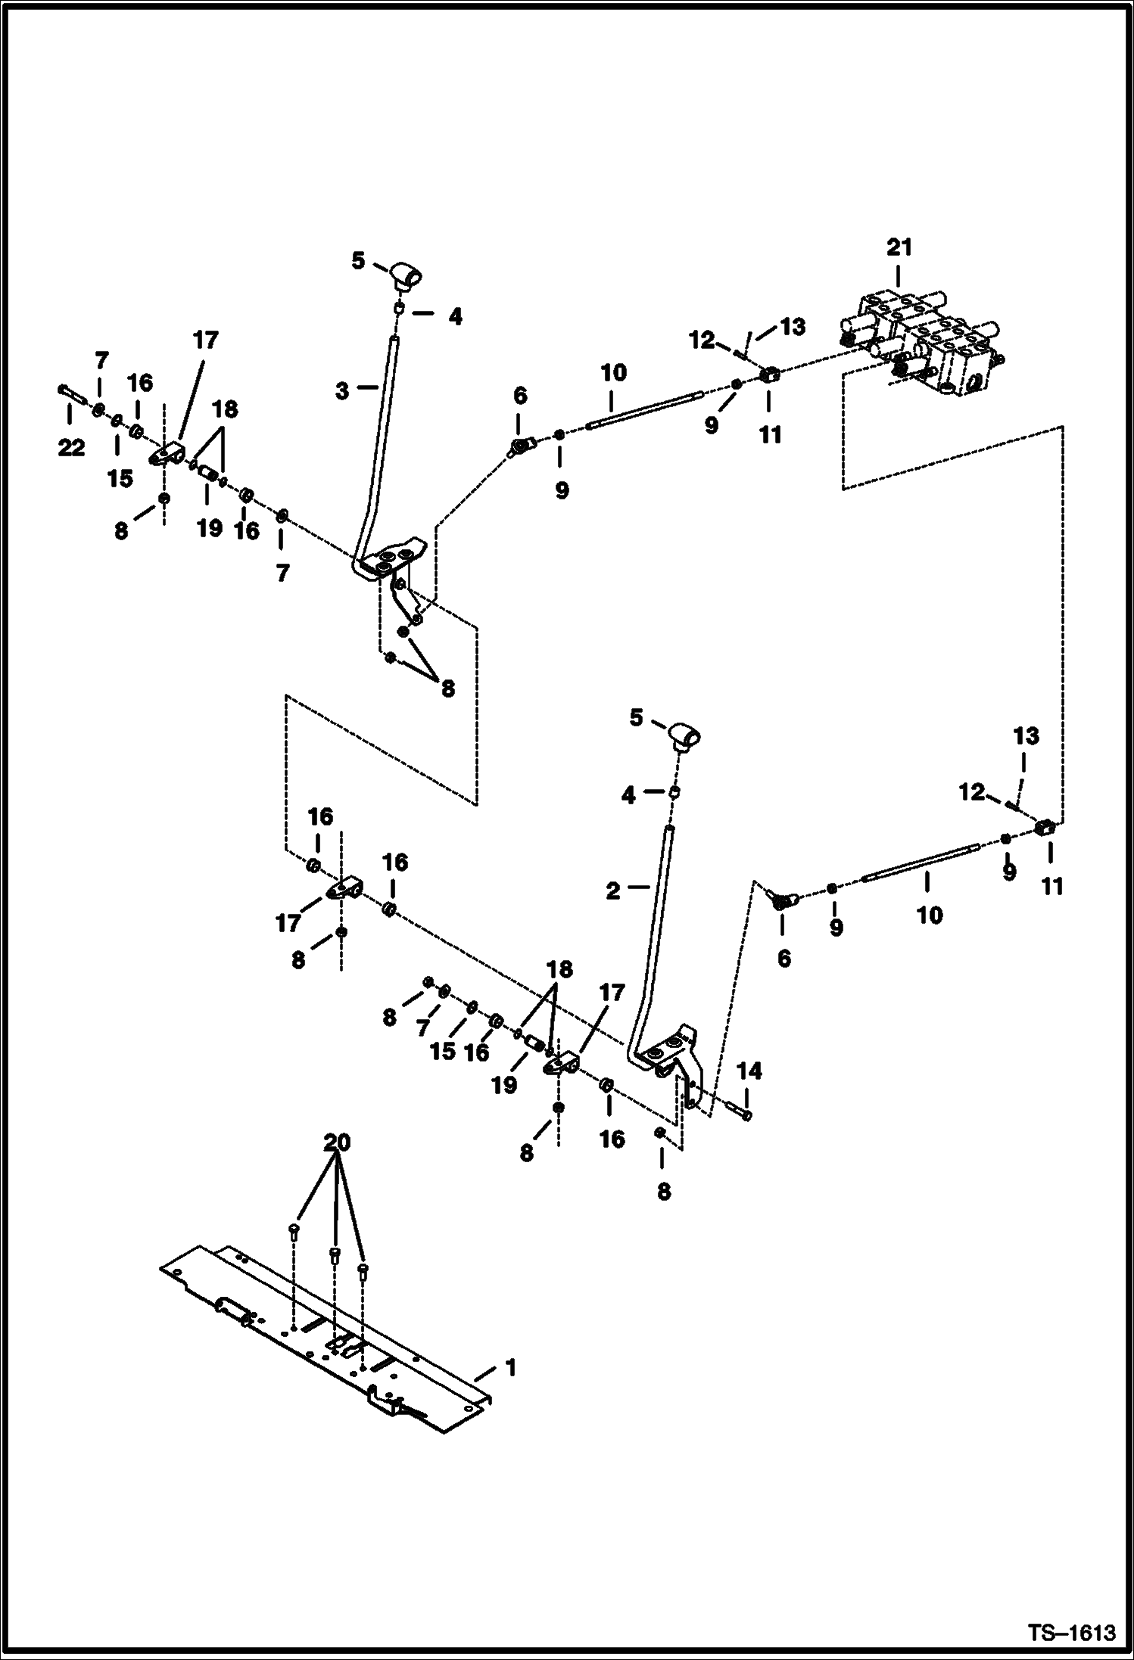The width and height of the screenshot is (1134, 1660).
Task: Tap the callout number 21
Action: pos(899,247)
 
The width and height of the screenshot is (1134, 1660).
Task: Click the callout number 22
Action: pos(71,448)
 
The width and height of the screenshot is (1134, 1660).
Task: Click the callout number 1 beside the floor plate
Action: pos(510,1368)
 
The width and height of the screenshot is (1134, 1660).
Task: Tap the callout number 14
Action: pos(749,1071)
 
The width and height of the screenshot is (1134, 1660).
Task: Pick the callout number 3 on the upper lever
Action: pos(342,391)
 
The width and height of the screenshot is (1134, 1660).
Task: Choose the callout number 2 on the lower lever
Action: pos(612,891)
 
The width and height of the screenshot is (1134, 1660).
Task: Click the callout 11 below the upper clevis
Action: pos(770,435)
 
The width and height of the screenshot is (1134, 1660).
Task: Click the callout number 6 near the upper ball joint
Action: pos(519,396)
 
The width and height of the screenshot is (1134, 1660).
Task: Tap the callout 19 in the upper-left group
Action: pos(210,527)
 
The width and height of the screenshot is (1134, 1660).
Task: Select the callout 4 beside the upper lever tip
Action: pos(454,316)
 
